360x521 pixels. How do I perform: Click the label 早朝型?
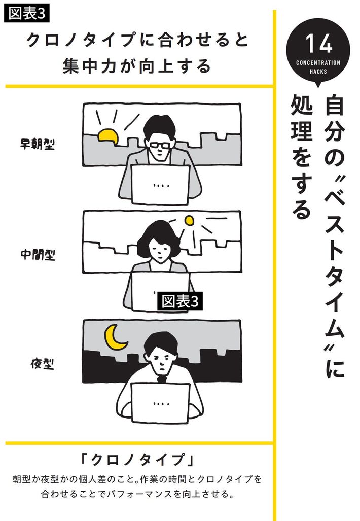37,144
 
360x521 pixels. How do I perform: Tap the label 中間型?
38,255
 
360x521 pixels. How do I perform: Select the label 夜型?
42,364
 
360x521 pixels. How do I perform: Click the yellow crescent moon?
115,337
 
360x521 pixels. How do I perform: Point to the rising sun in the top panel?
109,136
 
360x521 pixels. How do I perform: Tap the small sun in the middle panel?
189,220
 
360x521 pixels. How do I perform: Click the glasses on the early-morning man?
160,145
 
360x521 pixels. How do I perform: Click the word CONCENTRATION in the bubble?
318,62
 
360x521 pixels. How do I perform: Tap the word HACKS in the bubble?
318,71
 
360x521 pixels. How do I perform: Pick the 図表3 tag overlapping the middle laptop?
180,301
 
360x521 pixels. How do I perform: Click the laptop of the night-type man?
160,403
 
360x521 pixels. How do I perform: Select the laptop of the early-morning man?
160,185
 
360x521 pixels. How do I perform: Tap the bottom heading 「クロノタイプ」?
137,460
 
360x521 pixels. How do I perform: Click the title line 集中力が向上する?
137,65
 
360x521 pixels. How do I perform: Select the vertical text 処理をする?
301,156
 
